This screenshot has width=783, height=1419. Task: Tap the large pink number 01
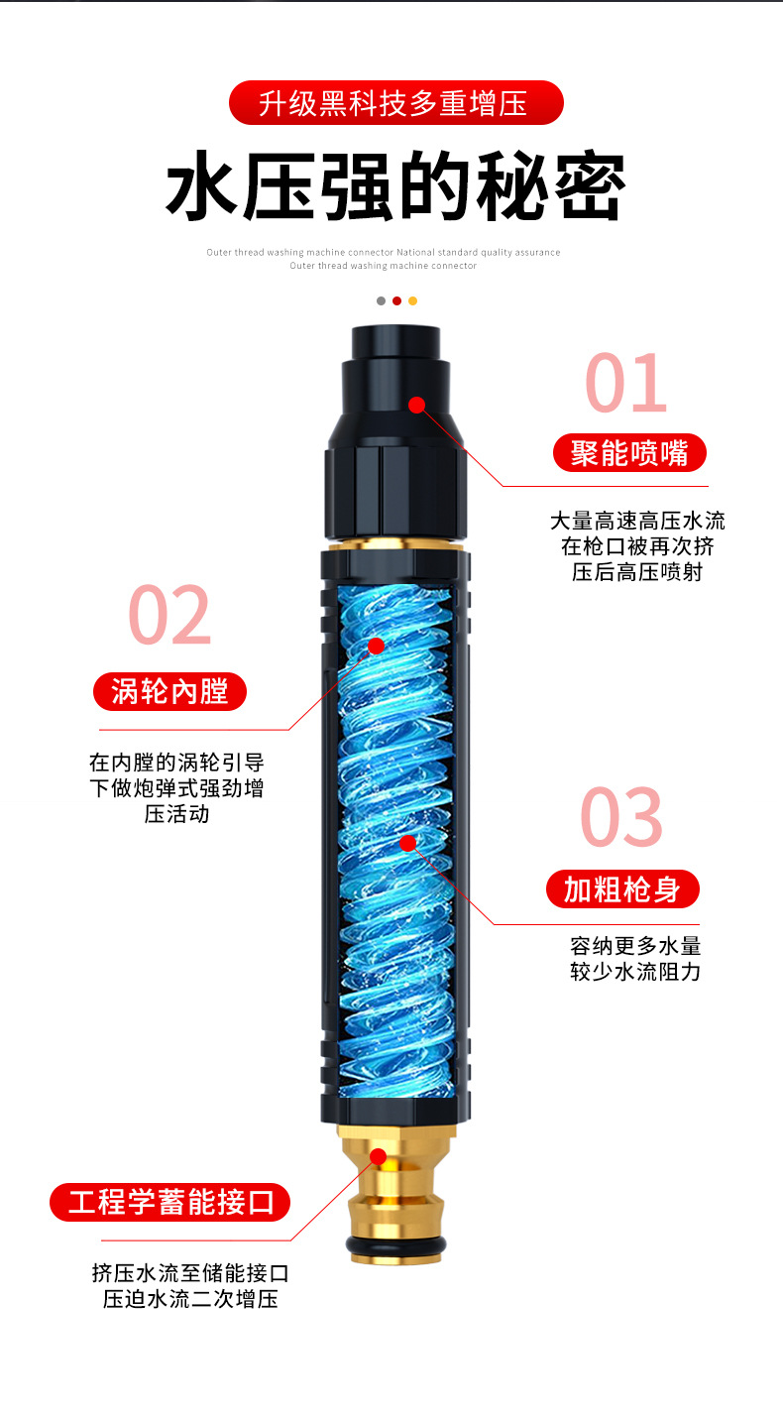(625, 383)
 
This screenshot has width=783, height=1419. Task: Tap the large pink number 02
(169, 615)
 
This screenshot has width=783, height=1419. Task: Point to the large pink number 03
(621, 817)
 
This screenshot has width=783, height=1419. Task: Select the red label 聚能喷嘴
(629, 453)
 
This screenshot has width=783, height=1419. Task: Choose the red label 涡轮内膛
(169, 691)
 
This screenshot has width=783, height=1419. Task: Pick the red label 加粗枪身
(622, 889)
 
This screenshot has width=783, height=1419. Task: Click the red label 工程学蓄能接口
(170, 1203)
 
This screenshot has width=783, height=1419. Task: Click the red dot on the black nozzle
(416, 405)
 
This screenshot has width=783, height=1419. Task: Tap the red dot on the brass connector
(379, 1155)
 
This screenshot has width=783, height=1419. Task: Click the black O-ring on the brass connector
(395, 1244)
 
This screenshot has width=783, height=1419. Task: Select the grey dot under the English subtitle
(381, 300)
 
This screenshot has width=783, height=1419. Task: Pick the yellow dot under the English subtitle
(413, 300)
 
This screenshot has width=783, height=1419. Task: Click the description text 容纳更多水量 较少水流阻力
(635, 959)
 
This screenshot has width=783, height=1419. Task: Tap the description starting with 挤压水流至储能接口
(190, 1286)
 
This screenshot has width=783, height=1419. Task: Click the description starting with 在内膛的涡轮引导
(176, 788)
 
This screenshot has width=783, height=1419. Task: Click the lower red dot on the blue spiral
(407, 843)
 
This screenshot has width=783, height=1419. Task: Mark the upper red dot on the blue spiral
(376, 646)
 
